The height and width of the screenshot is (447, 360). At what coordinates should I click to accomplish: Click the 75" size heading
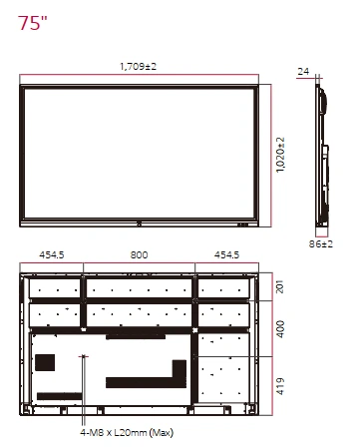tap(32, 23)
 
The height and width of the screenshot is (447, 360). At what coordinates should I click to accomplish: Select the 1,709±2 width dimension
tap(138, 67)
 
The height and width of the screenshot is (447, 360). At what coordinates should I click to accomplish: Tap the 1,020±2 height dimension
tap(280, 155)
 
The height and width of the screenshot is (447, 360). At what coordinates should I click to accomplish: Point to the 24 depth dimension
tap(303, 72)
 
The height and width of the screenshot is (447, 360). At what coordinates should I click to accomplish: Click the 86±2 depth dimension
tap(321, 243)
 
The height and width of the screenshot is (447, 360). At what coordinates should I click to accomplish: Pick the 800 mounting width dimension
tap(139, 255)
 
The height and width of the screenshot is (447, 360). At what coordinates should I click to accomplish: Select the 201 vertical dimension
tap(280, 286)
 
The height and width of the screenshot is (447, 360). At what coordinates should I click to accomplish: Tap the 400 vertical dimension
tap(280, 329)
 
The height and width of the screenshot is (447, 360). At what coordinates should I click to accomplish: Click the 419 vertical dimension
tap(280, 386)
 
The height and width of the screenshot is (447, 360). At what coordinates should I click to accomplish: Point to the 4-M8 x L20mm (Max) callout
tap(127, 433)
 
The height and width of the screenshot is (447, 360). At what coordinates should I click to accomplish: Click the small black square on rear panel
tap(45, 362)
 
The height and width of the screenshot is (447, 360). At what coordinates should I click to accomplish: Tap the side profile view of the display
tap(322, 156)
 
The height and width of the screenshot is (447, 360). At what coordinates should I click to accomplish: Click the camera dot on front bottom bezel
tap(139, 223)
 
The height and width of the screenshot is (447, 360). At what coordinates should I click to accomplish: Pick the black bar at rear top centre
tap(136, 336)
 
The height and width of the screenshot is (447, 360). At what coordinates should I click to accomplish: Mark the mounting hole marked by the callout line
tap(84, 356)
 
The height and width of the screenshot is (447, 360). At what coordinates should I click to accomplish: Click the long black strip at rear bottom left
tap(60, 396)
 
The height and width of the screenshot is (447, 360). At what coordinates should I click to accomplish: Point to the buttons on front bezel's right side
tap(243, 224)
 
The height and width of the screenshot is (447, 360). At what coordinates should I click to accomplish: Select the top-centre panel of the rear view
tap(139, 288)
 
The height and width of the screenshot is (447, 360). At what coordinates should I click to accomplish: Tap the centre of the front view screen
tap(139, 154)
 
